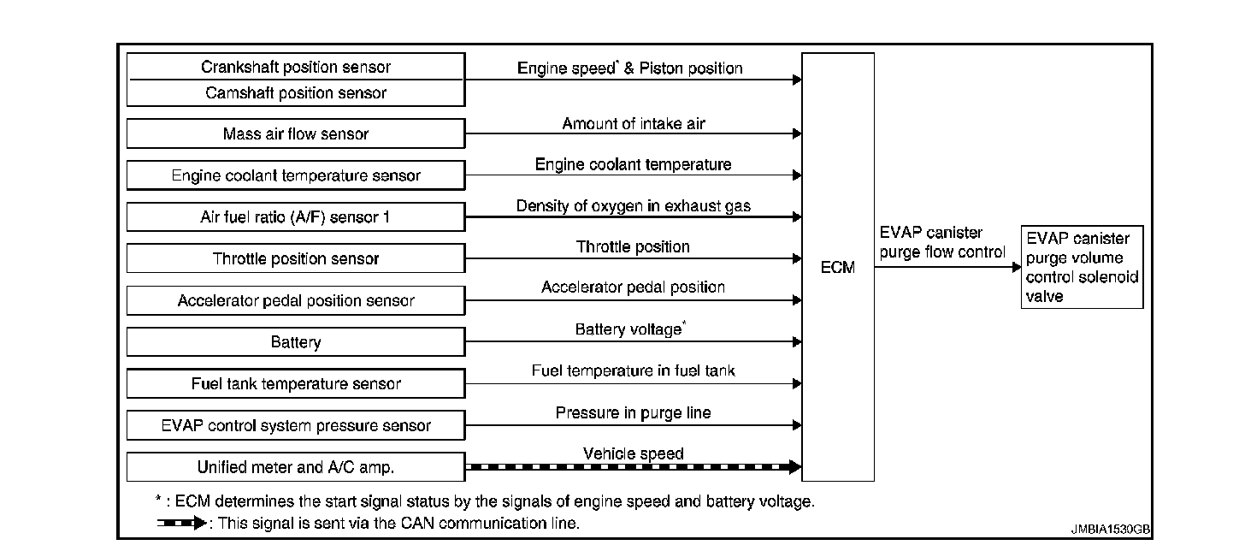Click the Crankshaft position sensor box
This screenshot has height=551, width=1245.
pyautogui.click(x=296, y=67)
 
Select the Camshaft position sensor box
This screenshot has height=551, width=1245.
pyautogui.click(x=296, y=92)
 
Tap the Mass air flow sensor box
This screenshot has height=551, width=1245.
pyautogui.click(x=296, y=133)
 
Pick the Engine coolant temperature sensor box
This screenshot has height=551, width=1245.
pyautogui.click(x=296, y=175)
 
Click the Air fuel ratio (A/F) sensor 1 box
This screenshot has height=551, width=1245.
pyautogui.click(x=296, y=217)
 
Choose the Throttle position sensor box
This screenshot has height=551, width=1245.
pyautogui.click(x=296, y=258)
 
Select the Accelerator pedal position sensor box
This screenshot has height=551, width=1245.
pyautogui.click(x=296, y=300)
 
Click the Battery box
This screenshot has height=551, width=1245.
pyautogui.click(x=296, y=342)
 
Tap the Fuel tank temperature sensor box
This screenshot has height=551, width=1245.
pyautogui.click(x=296, y=384)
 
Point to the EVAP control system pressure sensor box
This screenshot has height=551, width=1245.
pyautogui.click(x=296, y=425)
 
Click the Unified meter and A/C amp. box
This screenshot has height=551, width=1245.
pyautogui.click(x=296, y=467)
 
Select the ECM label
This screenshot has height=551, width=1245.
pyautogui.click(x=837, y=267)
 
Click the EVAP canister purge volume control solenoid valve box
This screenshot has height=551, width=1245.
pyautogui.click(x=1082, y=267)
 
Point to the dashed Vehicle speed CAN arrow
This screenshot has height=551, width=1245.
pyautogui.click(x=633, y=467)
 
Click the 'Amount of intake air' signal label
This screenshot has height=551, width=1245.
pyautogui.click(x=633, y=124)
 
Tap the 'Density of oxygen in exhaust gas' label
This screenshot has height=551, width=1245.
pyautogui.click(x=633, y=206)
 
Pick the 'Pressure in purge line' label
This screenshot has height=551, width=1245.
pyautogui.click(x=633, y=412)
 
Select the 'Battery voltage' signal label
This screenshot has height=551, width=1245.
pyautogui.click(x=628, y=329)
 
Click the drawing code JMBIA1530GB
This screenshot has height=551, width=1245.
pyautogui.click(x=1110, y=530)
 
